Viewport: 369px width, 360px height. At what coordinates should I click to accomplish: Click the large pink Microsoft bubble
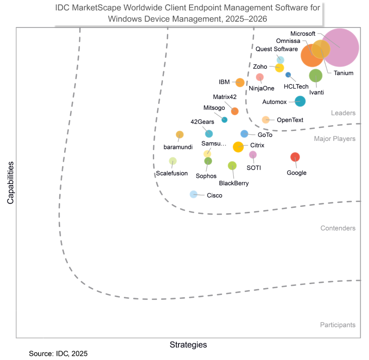(342, 47)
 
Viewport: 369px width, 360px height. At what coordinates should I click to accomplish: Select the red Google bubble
(295, 157)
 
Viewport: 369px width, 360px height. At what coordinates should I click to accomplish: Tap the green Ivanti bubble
(316, 76)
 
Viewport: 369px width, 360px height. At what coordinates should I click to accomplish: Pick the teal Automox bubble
(300, 101)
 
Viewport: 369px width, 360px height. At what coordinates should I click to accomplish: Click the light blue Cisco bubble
(194, 194)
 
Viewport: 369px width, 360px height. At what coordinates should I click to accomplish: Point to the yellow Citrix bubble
(238, 147)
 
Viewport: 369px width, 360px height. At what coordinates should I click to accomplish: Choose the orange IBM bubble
(240, 82)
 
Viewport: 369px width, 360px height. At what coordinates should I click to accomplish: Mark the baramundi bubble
(180, 134)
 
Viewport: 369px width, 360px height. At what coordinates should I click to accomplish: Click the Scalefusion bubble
(173, 161)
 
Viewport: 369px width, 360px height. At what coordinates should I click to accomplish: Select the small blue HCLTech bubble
(288, 75)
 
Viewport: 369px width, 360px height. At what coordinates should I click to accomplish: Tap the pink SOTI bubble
(253, 155)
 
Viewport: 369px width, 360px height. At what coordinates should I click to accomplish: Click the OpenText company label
(290, 120)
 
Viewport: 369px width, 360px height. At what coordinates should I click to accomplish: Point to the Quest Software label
(276, 49)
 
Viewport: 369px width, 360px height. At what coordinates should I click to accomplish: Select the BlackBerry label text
(234, 183)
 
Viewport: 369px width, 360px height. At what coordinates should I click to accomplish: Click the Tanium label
(344, 73)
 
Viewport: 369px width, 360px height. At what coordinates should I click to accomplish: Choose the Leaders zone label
(343, 113)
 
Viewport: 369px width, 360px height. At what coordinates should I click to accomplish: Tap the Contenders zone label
(338, 229)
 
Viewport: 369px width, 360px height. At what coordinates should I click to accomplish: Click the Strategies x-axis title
(188, 345)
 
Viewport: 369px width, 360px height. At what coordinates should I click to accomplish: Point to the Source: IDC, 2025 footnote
(58, 353)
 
